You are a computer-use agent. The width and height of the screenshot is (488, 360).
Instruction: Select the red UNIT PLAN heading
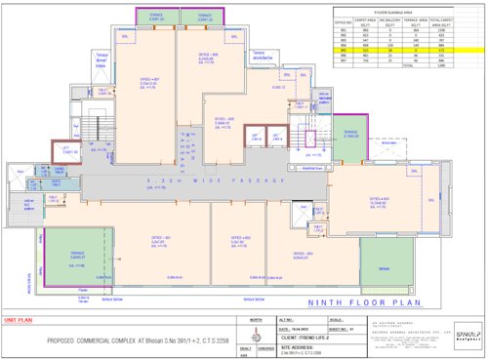(20, 319)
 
